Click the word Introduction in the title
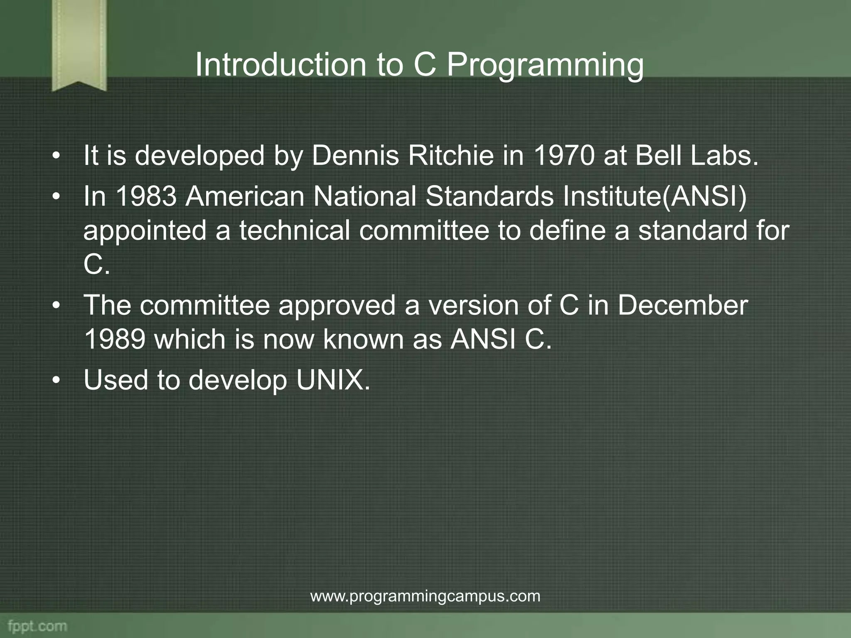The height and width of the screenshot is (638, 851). pos(280,65)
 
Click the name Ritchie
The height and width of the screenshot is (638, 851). pos(451,156)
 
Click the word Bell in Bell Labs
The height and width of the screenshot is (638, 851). pos(659,156)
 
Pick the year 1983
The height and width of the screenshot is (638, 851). pos(146,196)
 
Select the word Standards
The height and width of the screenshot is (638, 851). pos(489,196)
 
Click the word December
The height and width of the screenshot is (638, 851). pos(682,305)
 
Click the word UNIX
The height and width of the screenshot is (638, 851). pos(332,380)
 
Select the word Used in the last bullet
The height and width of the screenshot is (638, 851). pos(116,380)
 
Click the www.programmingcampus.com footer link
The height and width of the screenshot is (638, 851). pos(425,596)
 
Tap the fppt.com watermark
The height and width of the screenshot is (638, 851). pos(37,626)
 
